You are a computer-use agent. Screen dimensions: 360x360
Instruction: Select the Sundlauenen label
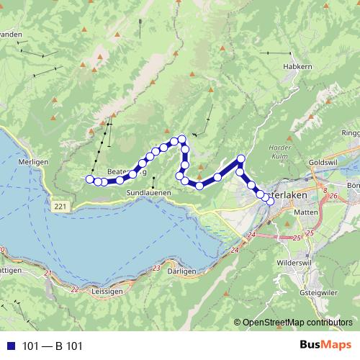click(148, 194)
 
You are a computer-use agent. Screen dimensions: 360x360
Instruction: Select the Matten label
click(307, 213)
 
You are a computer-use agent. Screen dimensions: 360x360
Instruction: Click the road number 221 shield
click(63, 207)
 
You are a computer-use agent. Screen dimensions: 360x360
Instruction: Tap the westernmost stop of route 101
click(89, 179)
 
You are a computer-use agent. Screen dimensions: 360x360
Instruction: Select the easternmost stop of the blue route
click(270, 200)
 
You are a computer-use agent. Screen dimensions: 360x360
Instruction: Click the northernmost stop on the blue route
click(182, 138)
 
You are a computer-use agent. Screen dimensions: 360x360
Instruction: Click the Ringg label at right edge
click(351, 133)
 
